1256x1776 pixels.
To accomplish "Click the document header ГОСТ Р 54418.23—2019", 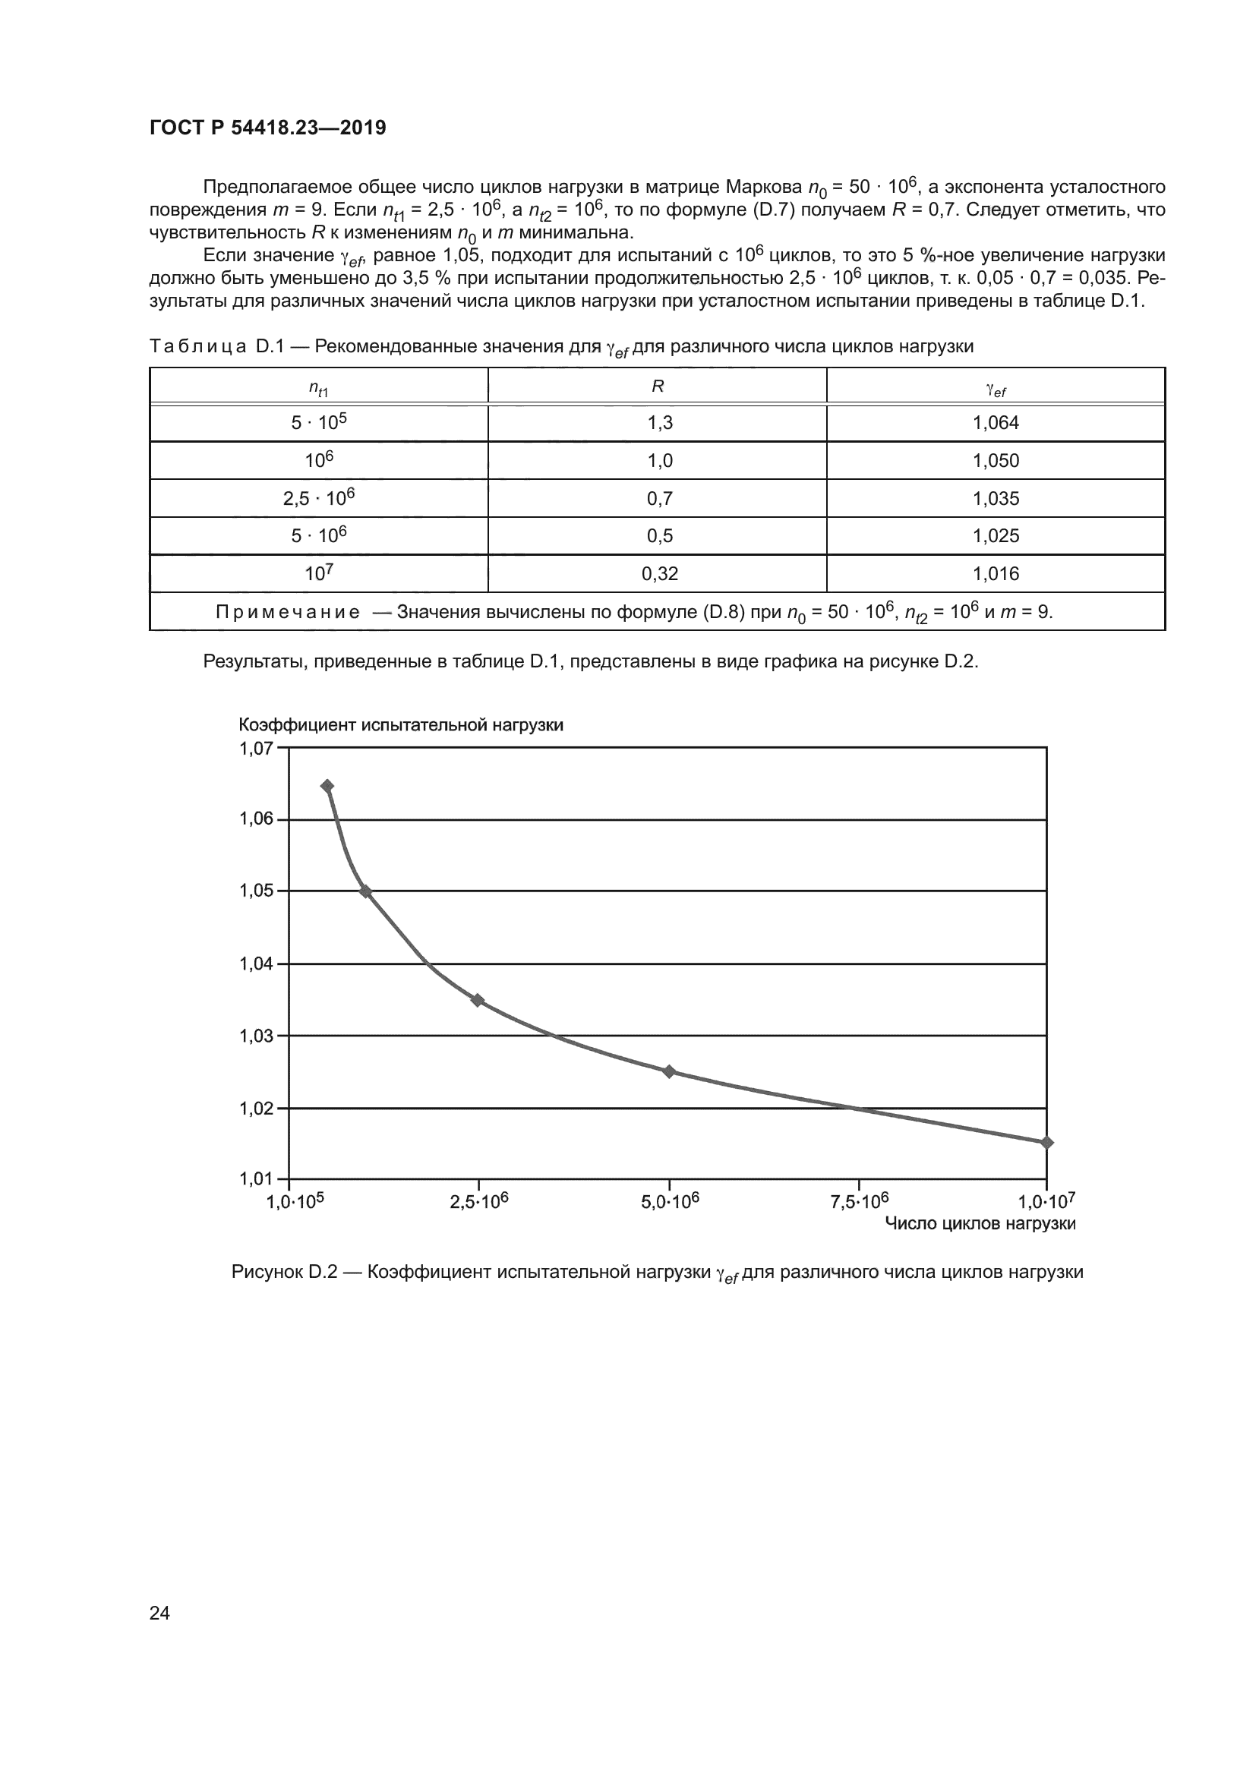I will (267, 128).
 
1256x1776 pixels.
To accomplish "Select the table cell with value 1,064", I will (996, 423).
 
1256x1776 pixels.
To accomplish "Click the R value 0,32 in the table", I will (659, 574).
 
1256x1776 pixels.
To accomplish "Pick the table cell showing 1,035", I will (996, 499).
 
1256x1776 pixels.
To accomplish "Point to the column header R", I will (658, 386).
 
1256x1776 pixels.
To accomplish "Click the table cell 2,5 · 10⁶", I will (319, 498).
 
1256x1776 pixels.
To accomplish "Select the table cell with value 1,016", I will (996, 574).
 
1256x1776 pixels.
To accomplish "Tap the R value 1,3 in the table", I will (659, 423).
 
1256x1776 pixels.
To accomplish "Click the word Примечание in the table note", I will (288, 613).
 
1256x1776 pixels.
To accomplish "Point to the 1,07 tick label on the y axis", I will (256, 748).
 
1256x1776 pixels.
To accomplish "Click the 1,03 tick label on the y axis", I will (256, 1036).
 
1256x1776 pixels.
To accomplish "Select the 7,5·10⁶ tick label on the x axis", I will (860, 1201).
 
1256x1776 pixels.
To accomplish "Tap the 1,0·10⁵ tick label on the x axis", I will (295, 1201).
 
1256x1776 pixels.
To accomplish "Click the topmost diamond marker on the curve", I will (327, 786).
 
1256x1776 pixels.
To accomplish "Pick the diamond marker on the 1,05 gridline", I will (366, 891).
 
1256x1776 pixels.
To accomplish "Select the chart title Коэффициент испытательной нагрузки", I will (401, 725).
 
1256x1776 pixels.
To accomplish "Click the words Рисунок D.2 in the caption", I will (284, 1273).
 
